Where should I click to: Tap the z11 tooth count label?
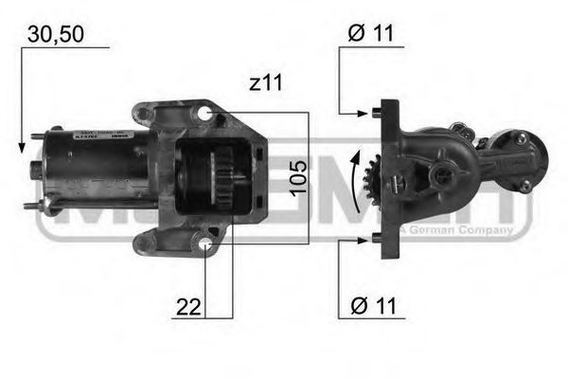click(266, 83)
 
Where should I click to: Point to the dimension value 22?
click(189, 306)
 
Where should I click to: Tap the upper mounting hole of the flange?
click(205, 115)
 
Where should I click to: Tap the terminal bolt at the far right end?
click(524, 188)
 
